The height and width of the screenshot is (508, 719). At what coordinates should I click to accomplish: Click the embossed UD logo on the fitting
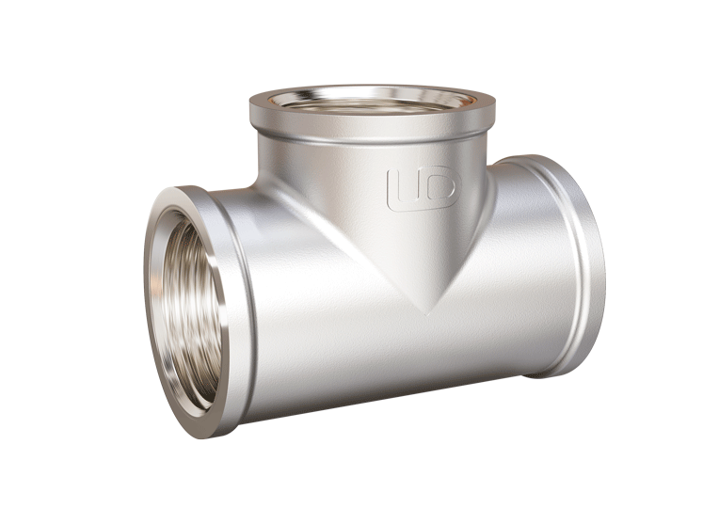421,188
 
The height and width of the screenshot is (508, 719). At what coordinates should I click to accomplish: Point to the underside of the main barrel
376,390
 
